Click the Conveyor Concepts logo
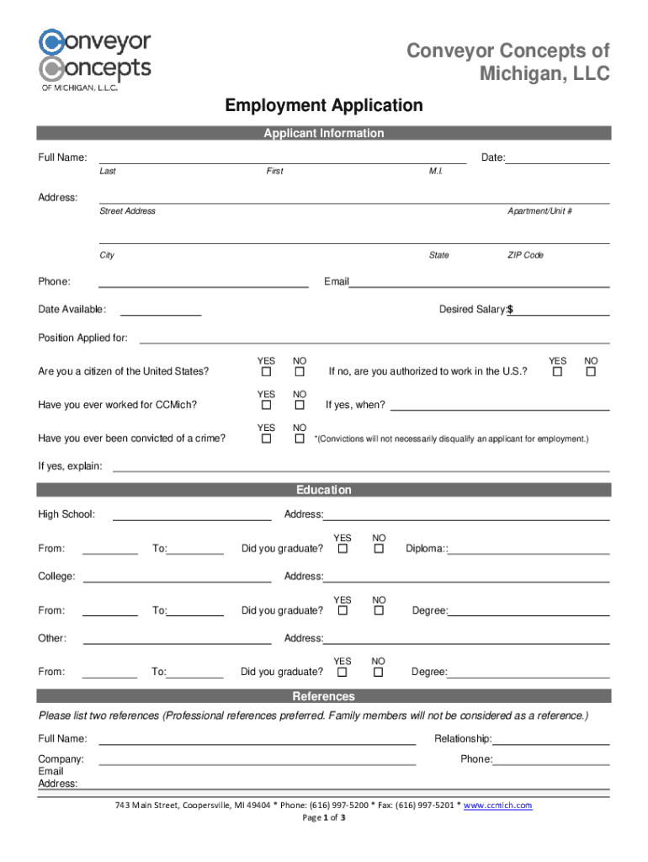94,59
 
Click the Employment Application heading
323,106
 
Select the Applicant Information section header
323,133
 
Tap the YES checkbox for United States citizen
266,372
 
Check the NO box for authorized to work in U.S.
591,372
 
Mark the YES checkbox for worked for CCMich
266,406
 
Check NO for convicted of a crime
300,439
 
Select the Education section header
323,490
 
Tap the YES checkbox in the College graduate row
343,610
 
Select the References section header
323,696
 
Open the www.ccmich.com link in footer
498,806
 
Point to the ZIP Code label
525,255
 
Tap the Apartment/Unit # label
539,211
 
